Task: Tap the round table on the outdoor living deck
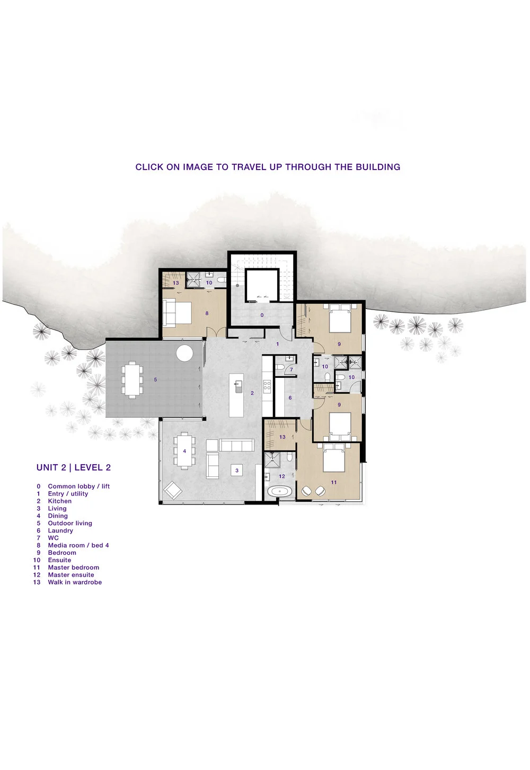pyautogui.click(x=184, y=353)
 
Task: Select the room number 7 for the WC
pyautogui.click(x=291, y=369)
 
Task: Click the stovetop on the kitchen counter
pyautogui.click(x=267, y=386)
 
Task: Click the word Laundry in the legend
pyautogui.click(x=60, y=530)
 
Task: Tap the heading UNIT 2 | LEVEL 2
pyautogui.click(x=74, y=467)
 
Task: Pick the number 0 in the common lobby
pyautogui.click(x=262, y=315)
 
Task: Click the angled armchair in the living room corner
pyautogui.click(x=173, y=490)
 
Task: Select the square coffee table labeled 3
pyautogui.click(x=237, y=471)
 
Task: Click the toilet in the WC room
pyautogui.click(x=279, y=367)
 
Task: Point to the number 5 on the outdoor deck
pyautogui.click(x=155, y=379)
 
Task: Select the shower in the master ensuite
pyautogui.click(x=272, y=460)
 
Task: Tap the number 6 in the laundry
pyautogui.click(x=290, y=398)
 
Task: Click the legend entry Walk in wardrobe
pyautogui.click(x=75, y=582)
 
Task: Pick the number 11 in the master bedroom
pyautogui.click(x=334, y=482)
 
